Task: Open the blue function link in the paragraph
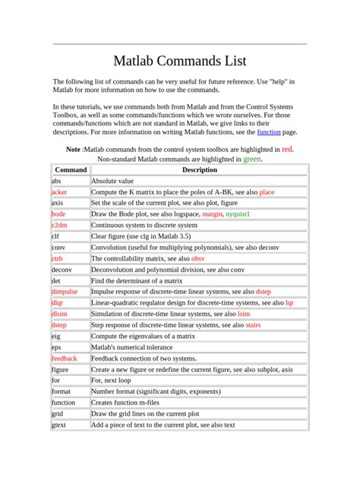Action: tap(268, 132)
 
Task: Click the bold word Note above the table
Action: tap(74, 150)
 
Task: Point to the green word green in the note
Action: tap(252, 160)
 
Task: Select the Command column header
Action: tap(71, 171)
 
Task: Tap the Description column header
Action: tap(199, 171)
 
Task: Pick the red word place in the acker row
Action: tap(267, 193)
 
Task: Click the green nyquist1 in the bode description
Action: tap(238, 215)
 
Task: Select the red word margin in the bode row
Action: tap(213, 215)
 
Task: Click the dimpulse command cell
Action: tap(65, 292)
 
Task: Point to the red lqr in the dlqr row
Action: tap(289, 303)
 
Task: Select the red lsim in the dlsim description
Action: tap(244, 314)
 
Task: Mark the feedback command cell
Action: tap(65, 358)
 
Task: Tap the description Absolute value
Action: tap(112, 182)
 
